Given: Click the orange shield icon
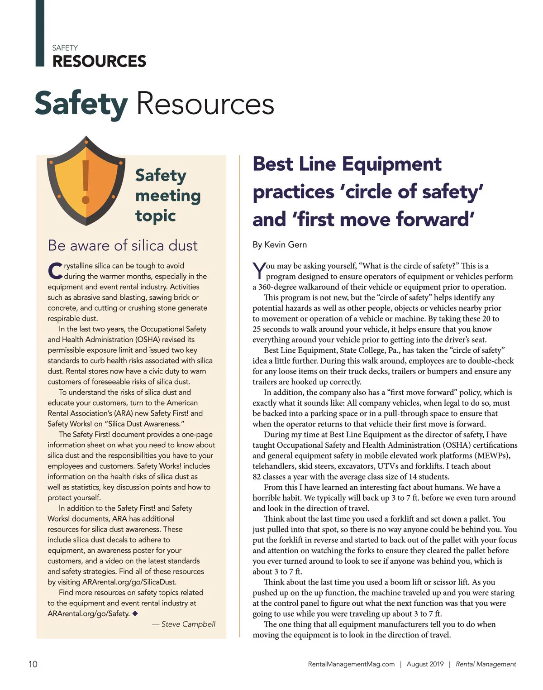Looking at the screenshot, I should point(86,181).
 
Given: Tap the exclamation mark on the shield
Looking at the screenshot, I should point(86,181).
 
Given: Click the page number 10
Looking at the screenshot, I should point(33,664).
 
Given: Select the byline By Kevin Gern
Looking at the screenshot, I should point(280,244).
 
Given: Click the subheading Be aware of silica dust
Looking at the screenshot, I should point(123,245).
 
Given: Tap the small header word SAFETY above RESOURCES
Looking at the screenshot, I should point(65,48).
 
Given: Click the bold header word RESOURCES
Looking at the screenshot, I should point(99,61).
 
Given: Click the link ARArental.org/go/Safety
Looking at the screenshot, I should point(89,613).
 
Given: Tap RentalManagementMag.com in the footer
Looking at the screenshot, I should point(351,664).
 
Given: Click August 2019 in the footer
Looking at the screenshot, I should point(425,664).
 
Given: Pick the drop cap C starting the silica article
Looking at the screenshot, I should point(55,271).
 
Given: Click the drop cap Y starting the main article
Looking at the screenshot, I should point(259,270).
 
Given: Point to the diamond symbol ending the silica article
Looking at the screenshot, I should point(135,613).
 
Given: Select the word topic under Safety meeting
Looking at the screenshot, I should point(155,216).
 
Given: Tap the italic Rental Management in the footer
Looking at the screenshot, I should point(486,664).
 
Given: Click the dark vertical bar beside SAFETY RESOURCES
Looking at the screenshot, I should point(40,34).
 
